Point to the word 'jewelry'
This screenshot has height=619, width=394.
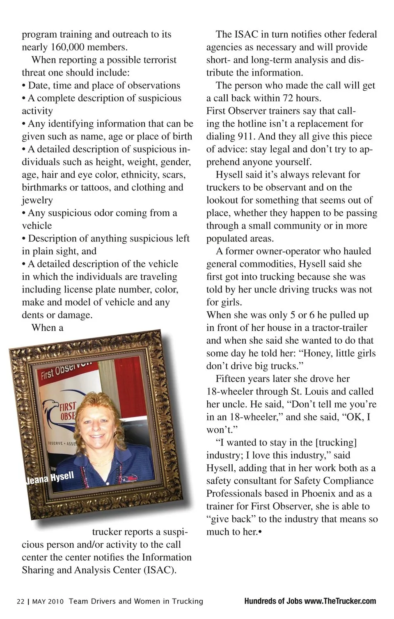point(37,200)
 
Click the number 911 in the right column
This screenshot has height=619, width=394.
point(248,137)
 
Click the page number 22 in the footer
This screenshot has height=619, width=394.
point(21,601)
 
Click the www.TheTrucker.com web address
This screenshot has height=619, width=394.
point(340,601)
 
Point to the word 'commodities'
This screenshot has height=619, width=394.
point(268,264)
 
